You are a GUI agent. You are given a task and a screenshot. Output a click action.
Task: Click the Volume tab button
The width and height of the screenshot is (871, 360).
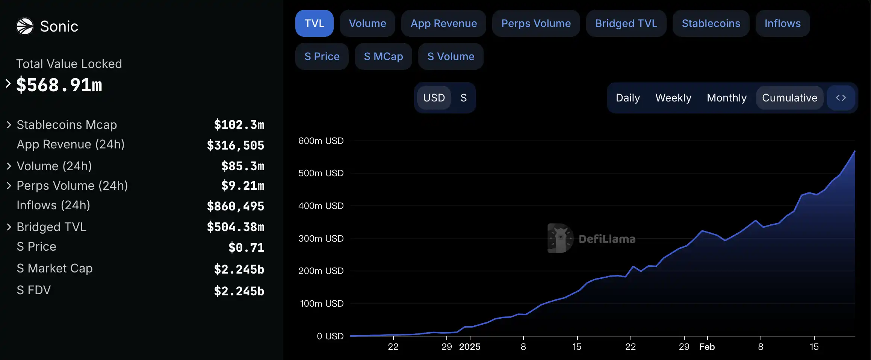[x=367, y=23]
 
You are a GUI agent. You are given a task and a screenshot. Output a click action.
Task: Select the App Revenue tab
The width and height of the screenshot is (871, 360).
[x=443, y=23]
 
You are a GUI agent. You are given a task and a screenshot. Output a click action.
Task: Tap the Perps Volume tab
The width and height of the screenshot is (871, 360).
[x=536, y=23]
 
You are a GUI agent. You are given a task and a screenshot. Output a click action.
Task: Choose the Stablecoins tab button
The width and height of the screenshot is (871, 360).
[x=711, y=23]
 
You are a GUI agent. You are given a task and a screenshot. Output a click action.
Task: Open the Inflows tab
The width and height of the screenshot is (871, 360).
[x=782, y=23]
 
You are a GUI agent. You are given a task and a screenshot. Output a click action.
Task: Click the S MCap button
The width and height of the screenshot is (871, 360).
[x=383, y=56]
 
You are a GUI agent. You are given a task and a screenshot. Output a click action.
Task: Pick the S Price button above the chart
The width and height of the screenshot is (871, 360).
[x=322, y=56]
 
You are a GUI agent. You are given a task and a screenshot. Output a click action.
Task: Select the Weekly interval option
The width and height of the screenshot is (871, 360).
[x=673, y=98]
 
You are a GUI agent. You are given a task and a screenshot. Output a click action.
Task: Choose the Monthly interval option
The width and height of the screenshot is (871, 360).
[x=726, y=98]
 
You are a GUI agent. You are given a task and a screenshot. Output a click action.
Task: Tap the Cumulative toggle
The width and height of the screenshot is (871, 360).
[x=789, y=98]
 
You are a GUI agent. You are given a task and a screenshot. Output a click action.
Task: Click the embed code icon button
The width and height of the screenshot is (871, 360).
[x=841, y=98]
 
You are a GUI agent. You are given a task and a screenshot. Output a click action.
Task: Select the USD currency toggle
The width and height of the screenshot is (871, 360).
[x=434, y=98]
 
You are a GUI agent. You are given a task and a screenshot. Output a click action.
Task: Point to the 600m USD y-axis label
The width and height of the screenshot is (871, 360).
[x=321, y=141]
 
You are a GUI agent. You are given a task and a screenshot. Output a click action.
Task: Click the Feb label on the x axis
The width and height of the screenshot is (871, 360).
[x=707, y=347]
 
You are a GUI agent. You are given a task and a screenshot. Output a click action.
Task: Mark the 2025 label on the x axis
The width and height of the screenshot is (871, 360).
[x=470, y=347]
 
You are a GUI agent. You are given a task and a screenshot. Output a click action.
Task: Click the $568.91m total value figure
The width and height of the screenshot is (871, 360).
[x=59, y=85]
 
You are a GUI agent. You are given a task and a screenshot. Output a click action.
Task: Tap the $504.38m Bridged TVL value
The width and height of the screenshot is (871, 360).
[x=236, y=227]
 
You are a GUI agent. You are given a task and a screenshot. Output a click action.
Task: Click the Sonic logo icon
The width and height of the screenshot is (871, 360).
[x=25, y=26]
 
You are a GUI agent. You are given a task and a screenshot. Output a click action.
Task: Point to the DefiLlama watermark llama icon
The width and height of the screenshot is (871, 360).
[x=560, y=239]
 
